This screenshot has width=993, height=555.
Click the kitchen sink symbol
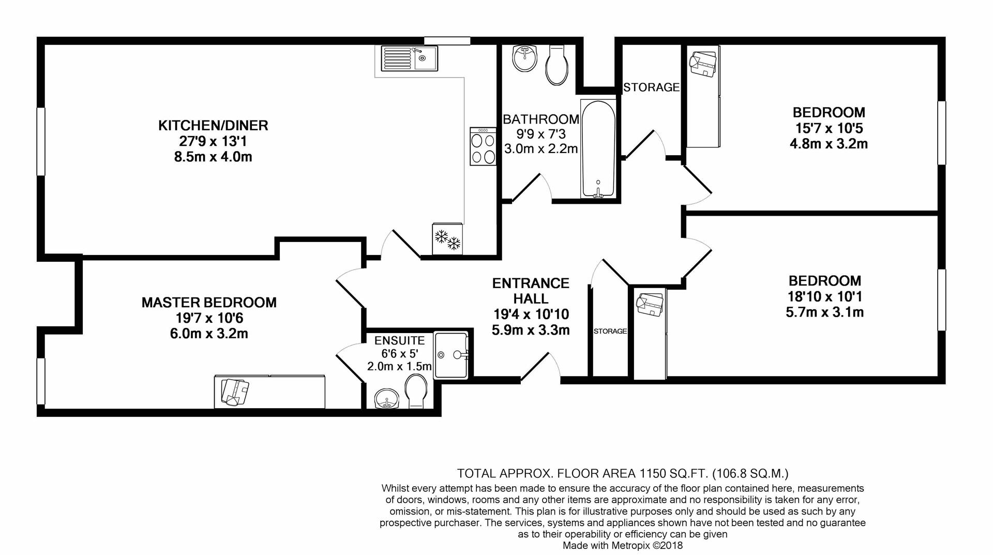409,58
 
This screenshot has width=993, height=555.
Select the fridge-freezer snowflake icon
447,239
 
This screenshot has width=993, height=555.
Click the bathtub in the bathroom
598,149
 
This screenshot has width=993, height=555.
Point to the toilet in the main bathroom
558,66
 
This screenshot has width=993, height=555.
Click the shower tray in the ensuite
452,355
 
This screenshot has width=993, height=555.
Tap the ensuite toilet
416,392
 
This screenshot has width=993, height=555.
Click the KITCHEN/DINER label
213,126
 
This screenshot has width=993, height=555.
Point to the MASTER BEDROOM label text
209,303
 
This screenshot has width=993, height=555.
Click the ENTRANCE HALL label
531,291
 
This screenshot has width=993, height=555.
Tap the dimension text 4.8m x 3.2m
829,144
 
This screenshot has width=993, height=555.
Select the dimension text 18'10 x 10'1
824,297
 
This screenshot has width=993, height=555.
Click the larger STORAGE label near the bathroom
651,87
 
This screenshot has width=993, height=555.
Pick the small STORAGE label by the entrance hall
610,331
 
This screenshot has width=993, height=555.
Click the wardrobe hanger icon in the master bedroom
235,392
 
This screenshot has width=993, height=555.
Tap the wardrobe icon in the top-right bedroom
702,65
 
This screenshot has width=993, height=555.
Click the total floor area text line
622,473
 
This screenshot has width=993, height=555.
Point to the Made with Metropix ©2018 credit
622,546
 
